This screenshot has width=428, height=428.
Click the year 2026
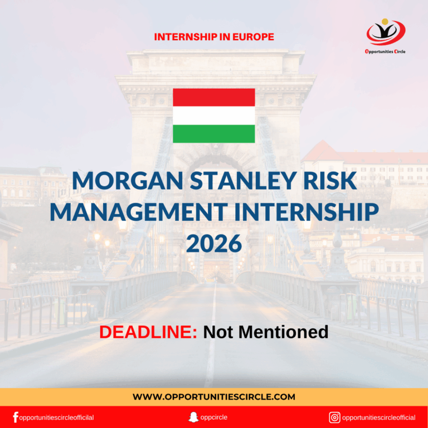coord(214,243)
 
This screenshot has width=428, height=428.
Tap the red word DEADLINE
coord(148,332)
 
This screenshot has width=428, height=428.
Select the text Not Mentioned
coord(265,332)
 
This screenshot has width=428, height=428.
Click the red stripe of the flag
coord(214,97)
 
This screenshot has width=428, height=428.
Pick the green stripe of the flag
coord(214,134)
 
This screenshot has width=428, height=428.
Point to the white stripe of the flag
coord(214,115)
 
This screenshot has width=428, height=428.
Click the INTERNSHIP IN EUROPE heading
coord(214,37)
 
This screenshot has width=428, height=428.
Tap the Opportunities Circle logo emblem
coord(385,32)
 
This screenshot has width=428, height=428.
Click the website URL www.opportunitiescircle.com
coord(214,397)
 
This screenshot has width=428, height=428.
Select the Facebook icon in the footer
coord(15,417)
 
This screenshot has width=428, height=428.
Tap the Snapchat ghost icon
coord(194,417)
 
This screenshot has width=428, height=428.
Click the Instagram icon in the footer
coord(334,417)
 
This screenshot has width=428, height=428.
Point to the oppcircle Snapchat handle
coord(214,417)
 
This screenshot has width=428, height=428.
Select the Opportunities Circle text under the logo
coord(385,51)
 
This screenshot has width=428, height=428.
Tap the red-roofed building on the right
coord(357,162)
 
